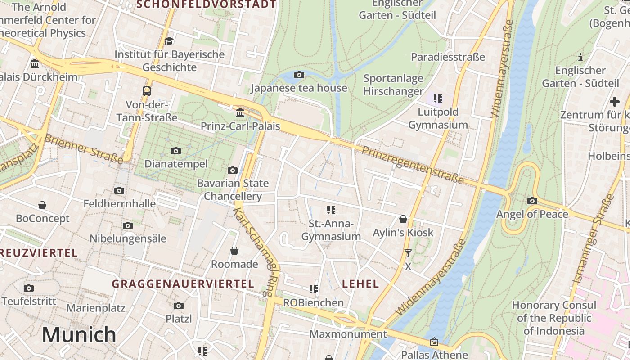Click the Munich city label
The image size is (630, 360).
[x=79, y=335]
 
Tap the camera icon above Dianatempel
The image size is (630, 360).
[x=176, y=151]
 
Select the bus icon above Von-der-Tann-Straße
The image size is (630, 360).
[x=147, y=91]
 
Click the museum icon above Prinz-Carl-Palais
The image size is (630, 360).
[x=240, y=112]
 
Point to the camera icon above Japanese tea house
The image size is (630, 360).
[x=299, y=75]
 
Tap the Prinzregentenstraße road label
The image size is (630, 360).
[x=412, y=165]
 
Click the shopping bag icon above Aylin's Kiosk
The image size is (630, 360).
[x=403, y=219]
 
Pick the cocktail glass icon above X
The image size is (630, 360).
[x=408, y=253]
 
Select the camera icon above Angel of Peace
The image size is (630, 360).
[x=532, y=201]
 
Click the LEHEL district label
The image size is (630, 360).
[x=360, y=284]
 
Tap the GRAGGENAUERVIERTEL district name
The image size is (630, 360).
[x=183, y=284]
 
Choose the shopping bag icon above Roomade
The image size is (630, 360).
[x=234, y=251]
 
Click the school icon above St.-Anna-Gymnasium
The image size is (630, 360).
[x=331, y=210]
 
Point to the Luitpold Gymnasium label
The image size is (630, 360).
[x=438, y=118]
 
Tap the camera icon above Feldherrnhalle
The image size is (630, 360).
[x=119, y=190]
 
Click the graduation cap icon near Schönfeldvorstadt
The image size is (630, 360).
[x=169, y=41]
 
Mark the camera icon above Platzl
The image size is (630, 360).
[x=179, y=306]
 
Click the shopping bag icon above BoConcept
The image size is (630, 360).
[x=42, y=205]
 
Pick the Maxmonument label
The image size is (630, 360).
[x=348, y=334]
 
